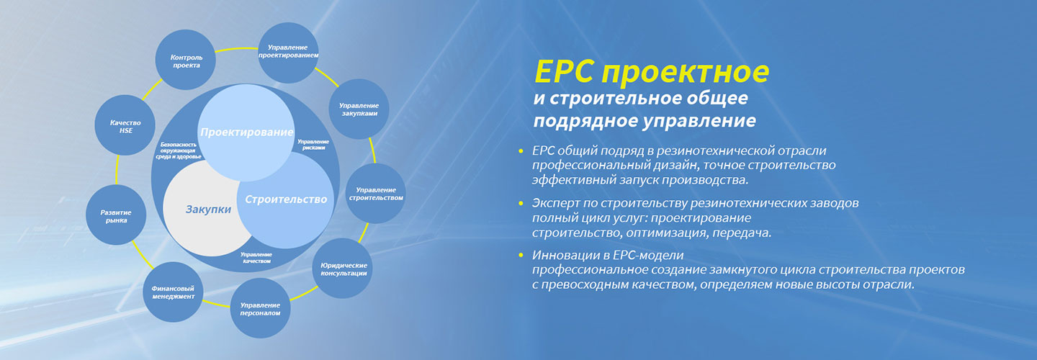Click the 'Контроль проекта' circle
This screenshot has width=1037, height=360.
(186, 60)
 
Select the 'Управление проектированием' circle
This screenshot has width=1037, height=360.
(288, 53)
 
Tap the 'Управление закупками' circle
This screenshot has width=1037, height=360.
(359, 109)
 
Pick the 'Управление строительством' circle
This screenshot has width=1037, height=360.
(375, 194)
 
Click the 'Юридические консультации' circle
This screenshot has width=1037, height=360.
(343, 269)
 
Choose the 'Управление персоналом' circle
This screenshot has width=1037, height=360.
(260, 308)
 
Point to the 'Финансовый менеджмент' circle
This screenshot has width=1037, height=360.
(173, 292)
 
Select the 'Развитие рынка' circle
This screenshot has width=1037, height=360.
(116, 215)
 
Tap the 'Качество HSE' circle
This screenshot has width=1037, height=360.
(125, 125)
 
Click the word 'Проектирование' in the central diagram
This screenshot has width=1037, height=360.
(247, 132)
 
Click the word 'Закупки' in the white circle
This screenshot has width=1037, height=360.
(208, 209)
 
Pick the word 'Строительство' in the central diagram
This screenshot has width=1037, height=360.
(286, 199)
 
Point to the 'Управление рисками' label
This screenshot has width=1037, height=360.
(313, 145)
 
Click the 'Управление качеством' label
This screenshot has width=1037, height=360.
(256, 258)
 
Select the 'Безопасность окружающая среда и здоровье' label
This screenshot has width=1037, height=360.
(179, 151)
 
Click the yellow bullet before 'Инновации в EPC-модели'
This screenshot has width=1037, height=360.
(521, 255)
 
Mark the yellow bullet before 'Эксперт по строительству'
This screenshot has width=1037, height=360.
(521, 202)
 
